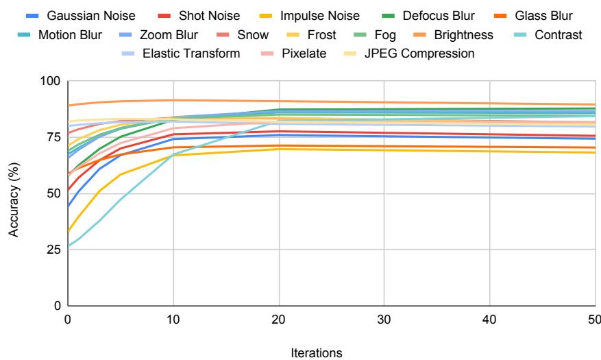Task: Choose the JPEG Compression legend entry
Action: pos(422,53)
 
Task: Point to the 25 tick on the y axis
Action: pos(56,250)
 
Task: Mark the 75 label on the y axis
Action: pos(56,137)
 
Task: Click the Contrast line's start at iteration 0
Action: pos(68,247)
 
